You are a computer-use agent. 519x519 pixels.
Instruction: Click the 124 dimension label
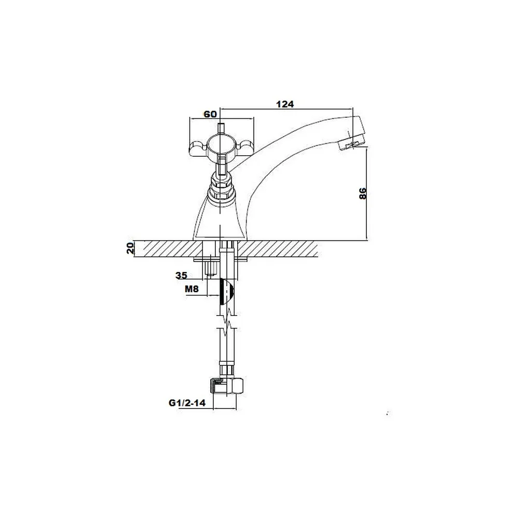click(x=285, y=104)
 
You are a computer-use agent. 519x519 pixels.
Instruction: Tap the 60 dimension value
click(x=210, y=114)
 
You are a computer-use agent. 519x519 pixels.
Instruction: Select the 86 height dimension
click(x=363, y=193)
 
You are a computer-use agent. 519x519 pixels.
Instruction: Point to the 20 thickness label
click(x=130, y=248)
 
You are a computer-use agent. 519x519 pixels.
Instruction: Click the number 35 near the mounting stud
click(x=181, y=275)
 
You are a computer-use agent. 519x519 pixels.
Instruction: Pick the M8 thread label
click(x=192, y=289)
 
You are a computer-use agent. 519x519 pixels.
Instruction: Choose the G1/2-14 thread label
click(x=187, y=403)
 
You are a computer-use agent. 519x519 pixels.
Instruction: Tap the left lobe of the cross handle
click(x=198, y=147)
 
